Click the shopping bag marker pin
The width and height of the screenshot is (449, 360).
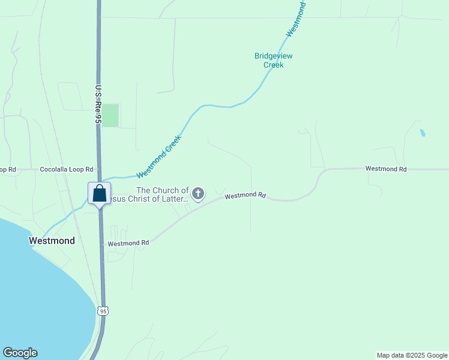click(99, 194)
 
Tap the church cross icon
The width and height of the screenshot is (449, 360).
click(198, 194)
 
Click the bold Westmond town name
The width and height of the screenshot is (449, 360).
click(52, 241)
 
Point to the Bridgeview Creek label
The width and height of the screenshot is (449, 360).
click(273, 60)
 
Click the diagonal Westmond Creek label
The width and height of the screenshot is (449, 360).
click(158, 157)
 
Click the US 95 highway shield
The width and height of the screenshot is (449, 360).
click(103, 311)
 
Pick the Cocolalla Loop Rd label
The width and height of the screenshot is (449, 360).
click(67, 170)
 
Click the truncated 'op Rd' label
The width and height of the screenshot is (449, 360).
click(8, 170)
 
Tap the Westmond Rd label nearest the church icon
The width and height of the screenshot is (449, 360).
click(245, 196)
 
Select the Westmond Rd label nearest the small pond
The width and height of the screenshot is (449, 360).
click(386, 169)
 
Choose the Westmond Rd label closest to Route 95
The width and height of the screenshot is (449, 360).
click(128, 243)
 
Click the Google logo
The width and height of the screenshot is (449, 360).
click(20, 353)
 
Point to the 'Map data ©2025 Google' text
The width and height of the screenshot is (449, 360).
click(412, 355)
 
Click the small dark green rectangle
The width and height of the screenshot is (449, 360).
click(110, 115)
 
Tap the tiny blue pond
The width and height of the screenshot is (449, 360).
click(422, 133)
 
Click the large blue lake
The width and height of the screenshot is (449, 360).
click(36, 288)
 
